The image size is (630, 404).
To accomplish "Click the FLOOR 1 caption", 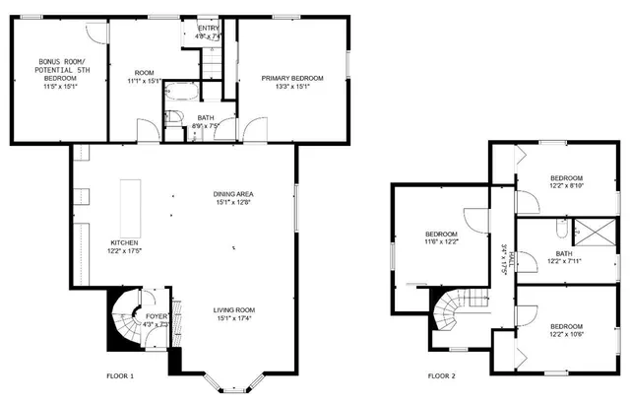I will pyautogui.click(x=119, y=375).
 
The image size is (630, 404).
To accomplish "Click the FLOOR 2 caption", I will pyautogui.click(x=442, y=375).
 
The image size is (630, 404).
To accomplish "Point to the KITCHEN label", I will pyautogui.click(x=124, y=242).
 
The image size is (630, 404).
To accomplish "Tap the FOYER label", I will pyautogui.click(x=157, y=289).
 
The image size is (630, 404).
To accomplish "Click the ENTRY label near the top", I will pyautogui.click(x=209, y=29).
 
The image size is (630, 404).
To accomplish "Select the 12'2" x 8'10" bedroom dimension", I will pyautogui.click(x=566, y=185).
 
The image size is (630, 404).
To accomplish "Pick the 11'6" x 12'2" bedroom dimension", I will pyautogui.click(x=441, y=242).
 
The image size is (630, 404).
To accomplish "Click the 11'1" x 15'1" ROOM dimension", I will pyautogui.click(x=144, y=82).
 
